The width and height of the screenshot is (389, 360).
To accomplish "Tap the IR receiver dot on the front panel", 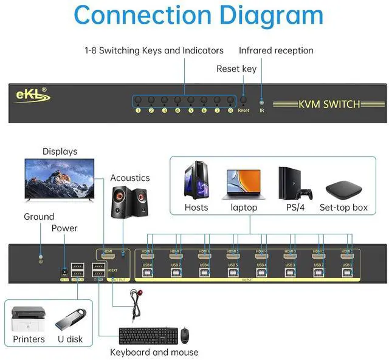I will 262,102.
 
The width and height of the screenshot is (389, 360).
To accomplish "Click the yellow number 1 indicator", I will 138,110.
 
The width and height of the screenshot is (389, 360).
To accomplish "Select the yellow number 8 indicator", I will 230,110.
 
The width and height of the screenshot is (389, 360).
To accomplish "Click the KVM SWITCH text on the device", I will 329,104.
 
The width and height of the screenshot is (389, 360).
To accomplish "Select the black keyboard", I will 146,336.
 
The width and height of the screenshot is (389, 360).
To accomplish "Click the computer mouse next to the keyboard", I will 185,335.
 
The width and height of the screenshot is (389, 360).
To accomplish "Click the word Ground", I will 39,217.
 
